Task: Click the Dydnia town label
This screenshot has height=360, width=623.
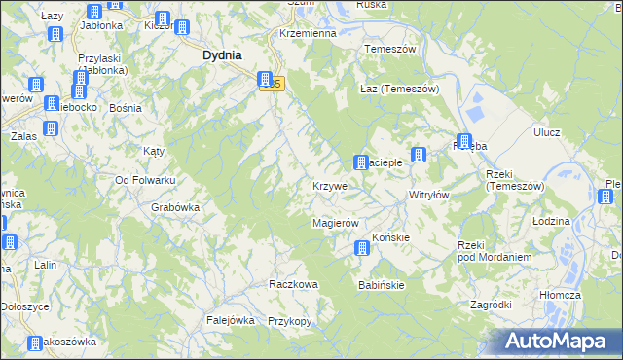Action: pos(222,55)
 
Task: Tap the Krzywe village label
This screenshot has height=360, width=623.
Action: pos(330,185)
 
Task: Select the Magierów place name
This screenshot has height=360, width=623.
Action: pos(336,223)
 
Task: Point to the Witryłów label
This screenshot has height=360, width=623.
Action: pos(428,195)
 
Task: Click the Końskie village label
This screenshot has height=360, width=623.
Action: pos(389,236)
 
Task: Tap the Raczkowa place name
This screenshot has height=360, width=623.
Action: pos(293,284)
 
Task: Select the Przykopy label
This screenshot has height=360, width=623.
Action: pos(288,321)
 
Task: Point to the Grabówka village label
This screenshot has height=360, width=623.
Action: pos(175,206)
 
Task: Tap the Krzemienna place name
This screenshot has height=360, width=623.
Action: pos(307,32)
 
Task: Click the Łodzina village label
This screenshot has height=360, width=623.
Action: pos(551,221)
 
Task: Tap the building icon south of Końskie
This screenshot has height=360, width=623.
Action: pos(362,249)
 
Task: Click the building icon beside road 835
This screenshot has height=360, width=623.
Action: pos(264,81)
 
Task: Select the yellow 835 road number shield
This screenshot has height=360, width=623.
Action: pos(276,86)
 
